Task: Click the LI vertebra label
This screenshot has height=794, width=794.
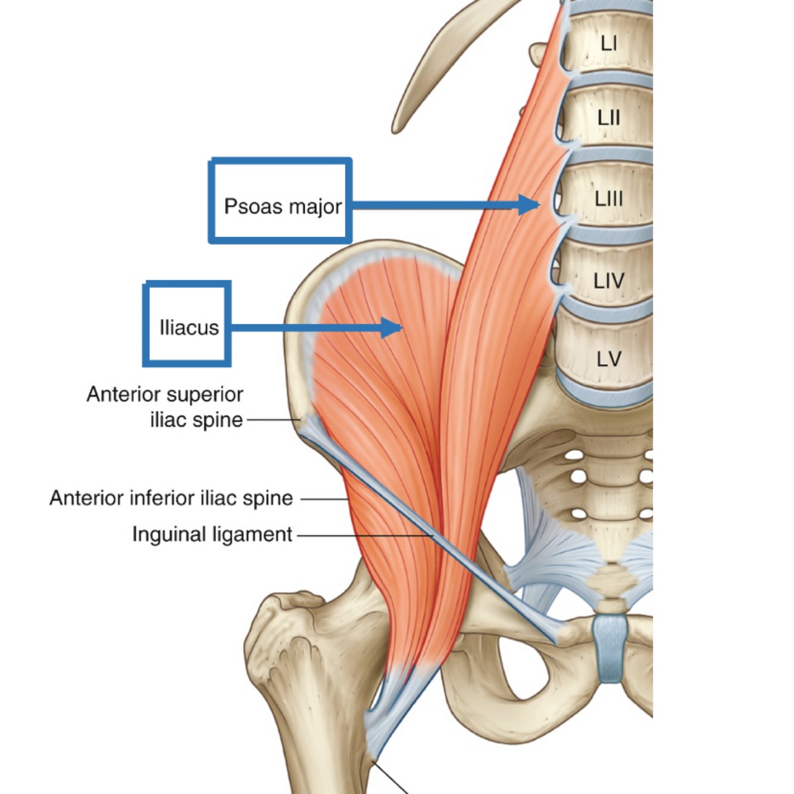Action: point(608,43)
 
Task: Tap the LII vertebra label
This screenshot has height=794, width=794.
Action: point(608,118)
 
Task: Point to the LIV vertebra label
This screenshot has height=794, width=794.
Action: point(608,280)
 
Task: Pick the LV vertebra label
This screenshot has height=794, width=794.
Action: point(608,359)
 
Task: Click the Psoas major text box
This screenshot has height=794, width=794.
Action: point(280,201)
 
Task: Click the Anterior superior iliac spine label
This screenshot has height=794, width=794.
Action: point(165,407)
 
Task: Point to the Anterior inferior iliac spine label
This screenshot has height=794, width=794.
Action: point(171,498)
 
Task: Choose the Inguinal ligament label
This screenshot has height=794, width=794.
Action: point(212,534)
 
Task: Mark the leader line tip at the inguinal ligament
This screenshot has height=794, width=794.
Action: point(432,536)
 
